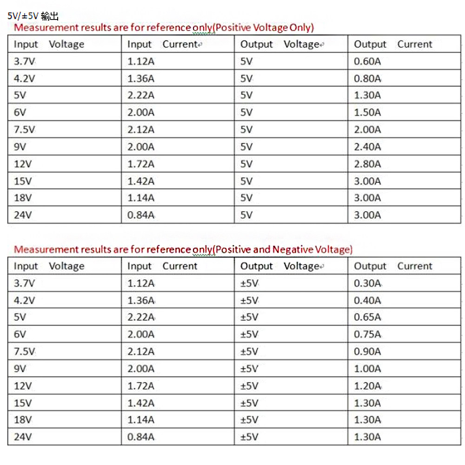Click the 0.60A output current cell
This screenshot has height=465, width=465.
tap(367, 61)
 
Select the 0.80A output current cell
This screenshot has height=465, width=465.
tap(367, 79)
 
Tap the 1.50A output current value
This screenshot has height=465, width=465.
tap(367, 113)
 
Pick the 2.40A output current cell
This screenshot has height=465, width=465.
tap(367, 147)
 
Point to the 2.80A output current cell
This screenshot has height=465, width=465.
tap(367, 164)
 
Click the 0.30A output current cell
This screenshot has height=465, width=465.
tap(367, 283)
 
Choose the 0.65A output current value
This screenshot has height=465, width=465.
tap(367, 317)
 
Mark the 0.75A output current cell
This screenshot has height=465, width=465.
tap(367, 334)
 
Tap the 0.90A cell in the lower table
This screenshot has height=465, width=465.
tap(367, 352)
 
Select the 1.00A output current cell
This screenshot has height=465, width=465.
tap(367, 369)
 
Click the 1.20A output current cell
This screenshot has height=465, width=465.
tap(367, 385)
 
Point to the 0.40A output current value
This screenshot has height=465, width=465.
tap(367, 300)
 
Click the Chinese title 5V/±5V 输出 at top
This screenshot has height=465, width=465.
tap(33, 16)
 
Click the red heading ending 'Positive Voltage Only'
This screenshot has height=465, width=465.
tap(164, 27)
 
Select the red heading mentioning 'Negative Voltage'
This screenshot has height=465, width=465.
tap(183, 250)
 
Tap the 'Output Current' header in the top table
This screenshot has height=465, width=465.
tap(393, 45)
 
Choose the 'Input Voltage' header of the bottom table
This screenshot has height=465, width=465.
tap(49, 266)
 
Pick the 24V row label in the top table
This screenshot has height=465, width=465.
tap(23, 215)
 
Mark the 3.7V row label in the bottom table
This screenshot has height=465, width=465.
tap(25, 283)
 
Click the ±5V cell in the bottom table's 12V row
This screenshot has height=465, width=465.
tap(249, 385)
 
